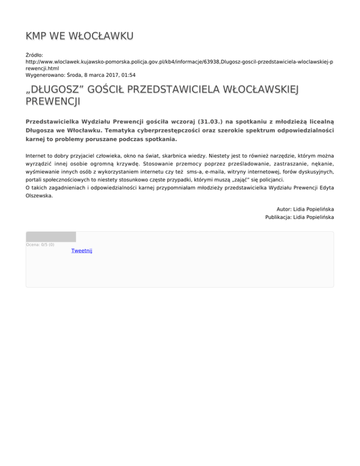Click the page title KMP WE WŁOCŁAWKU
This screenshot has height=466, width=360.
[x=80, y=36]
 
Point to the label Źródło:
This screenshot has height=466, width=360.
[x=35, y=55]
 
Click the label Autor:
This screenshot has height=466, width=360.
[x=285, y=209]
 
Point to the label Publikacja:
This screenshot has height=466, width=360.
[x=279, y=218]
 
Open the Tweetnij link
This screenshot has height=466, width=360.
[x=82, y=251]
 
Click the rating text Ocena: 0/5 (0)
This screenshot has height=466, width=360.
[x=40, y=245]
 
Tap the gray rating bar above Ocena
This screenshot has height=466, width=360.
[x=51, y=237]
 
